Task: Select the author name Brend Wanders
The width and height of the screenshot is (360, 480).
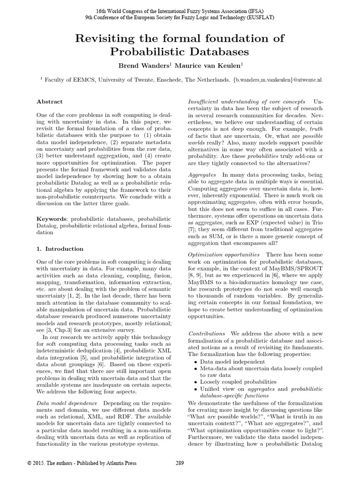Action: pyautogui.click(x=140, y=65)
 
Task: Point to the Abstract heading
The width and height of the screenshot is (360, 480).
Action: pyautogui.click(x=49, y=102)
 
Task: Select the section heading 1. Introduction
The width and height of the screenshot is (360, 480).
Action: pyautogui.click(x=60, y=248)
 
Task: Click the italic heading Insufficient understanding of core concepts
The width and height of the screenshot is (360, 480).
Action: pyautogui.click(x=247, y=102)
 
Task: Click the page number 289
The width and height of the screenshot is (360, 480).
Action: pyautogui.click(x=180, y=463)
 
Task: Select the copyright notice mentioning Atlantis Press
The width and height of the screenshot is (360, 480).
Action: pyautogui.click(x=82, y=463)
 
